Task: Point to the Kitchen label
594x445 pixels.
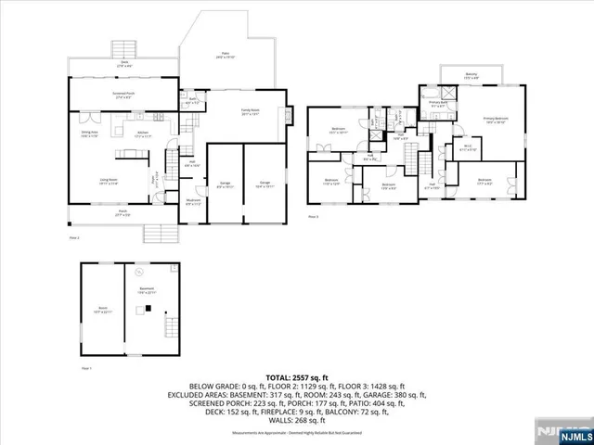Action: tap(144, 135)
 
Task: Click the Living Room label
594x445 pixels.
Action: tap(109, 182)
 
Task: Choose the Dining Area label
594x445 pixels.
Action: tap(89, 135)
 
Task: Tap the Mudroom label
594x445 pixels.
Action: tap(193, 202)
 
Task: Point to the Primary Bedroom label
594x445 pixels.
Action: tap(495, 121)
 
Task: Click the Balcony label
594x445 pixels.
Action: tap(471, 76)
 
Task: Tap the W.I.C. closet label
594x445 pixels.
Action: tap(468, 148)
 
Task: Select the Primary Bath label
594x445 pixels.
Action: tap(436, 104)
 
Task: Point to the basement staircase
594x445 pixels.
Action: tap(169, 326)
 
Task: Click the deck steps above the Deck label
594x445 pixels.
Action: tap(121, 48)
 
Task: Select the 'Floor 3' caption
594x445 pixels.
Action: tap(313, 216)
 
